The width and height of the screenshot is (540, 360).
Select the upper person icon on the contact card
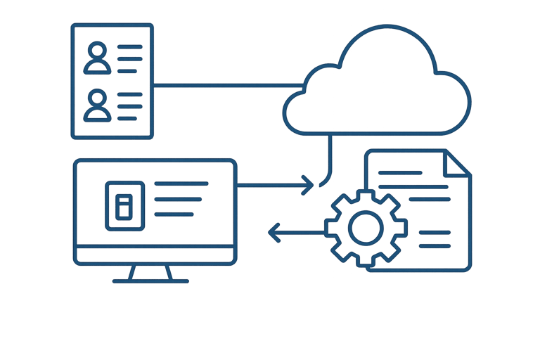pos(96,58)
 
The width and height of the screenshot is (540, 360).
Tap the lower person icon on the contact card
pos(96,105)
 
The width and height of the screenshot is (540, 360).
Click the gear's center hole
pos(366,228)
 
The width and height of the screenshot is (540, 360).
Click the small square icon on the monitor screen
pos(124,206)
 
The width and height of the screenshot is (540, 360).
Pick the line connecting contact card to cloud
pos(225,85)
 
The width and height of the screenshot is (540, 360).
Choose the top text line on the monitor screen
pos(181,183)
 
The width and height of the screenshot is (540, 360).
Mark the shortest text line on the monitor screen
pos(174,214)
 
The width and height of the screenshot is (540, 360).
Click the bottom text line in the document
pos(435,245)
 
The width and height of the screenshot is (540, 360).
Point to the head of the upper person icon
pos(96,51)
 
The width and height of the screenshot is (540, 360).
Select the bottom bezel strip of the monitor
pos(155,255)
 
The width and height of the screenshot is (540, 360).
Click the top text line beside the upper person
pos(130,47)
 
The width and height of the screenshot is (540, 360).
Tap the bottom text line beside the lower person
pos(130,117)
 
